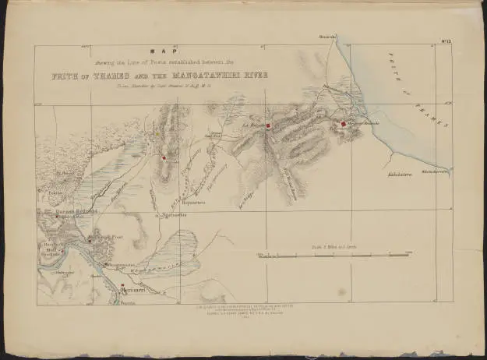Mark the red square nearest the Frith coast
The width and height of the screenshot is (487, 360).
343,124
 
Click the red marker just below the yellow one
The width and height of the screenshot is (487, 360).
164,157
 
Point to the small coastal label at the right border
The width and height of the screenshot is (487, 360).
436,171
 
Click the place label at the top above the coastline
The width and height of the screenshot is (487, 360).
326,37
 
